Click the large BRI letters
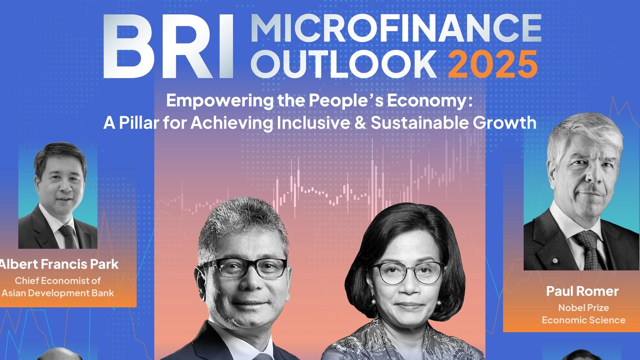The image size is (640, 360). coord(168,46)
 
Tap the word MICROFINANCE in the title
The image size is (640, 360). coord(396,28)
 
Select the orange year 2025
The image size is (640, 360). coord(493,64)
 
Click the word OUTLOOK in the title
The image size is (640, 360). coord(345,64)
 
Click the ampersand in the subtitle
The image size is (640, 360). coord(360,123)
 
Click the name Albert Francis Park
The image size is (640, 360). coord(58,264)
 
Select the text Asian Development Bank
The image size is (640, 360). coord(57,293)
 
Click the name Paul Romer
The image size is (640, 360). coord(582,291)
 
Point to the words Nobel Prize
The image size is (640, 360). coord(583,307)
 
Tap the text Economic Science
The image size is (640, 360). coord(583,320)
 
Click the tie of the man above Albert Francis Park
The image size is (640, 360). coord(67,236)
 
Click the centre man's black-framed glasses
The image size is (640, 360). coord(244,267)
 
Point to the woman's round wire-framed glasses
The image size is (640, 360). coord(408,273)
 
